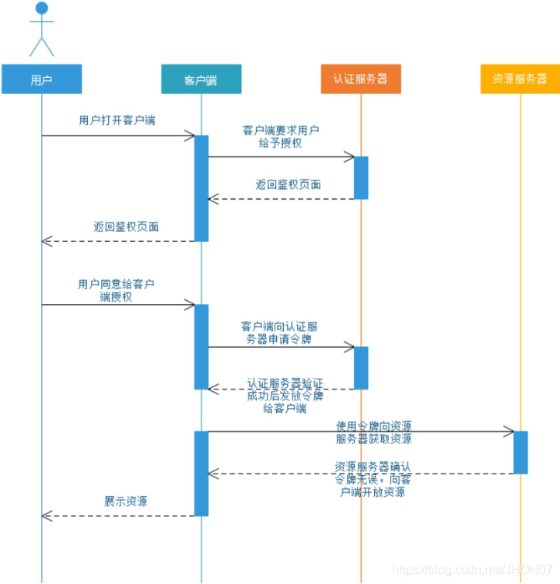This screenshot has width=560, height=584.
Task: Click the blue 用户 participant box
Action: click(41, 79)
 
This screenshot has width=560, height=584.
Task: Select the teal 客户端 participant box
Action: click(201, 79)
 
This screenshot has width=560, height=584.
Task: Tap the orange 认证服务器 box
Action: click(360, 79)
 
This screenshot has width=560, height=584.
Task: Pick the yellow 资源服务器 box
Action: click(520, 79)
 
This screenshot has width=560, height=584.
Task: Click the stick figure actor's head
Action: click(41, 9)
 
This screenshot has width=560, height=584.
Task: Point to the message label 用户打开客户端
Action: click(117, 121)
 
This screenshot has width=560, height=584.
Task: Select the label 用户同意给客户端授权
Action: click(117, 290)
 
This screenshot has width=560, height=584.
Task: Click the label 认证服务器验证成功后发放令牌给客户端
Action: click(285, 396)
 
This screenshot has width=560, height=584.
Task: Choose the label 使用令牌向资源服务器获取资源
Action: click(373, 432)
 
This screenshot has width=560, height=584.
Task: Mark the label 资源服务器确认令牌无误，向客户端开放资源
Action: click(372, 480)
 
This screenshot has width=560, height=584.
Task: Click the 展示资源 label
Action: click(126, 502)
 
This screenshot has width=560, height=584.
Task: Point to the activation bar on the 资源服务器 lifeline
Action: click(520, 452)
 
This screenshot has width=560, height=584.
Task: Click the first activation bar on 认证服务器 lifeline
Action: click(361, 177)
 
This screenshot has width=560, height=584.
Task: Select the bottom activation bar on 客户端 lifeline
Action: click(201, 473)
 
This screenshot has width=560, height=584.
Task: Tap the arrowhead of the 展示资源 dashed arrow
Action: click(45, 516)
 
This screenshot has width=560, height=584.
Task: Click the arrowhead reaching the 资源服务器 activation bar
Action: click(509, 432)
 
